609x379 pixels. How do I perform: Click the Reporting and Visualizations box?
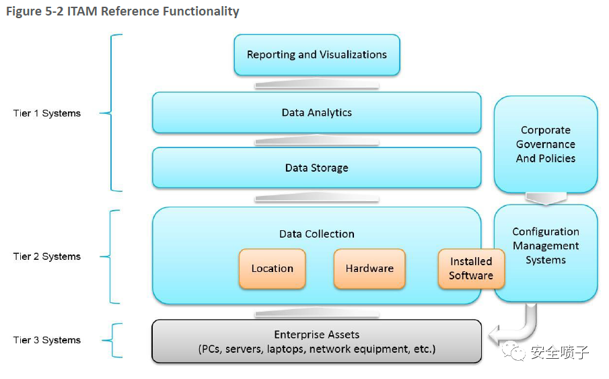coord(316,55)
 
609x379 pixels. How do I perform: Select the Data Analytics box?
coord(316,112)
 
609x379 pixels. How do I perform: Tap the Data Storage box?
coord(316,168)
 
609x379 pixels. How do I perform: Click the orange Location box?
coord(272,269)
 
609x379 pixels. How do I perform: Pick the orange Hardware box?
coord(369,269)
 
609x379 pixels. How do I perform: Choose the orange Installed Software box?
coord(471,269)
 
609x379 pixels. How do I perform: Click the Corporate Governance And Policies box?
coord(546,144)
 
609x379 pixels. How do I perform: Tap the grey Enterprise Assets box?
coord(316,341)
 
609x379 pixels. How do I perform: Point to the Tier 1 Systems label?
coord(47,113)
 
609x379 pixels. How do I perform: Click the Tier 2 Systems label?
coord(47,256)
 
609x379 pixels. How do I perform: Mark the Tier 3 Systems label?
coord(47,340)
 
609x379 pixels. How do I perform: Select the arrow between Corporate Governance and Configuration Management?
coord(546,199)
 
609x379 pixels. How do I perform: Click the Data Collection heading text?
coord(316,234)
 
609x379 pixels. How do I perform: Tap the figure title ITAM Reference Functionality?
coord(122,11)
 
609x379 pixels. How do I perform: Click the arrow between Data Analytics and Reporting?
coord(316,85)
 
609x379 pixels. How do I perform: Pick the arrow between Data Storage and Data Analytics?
coord(316,141)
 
